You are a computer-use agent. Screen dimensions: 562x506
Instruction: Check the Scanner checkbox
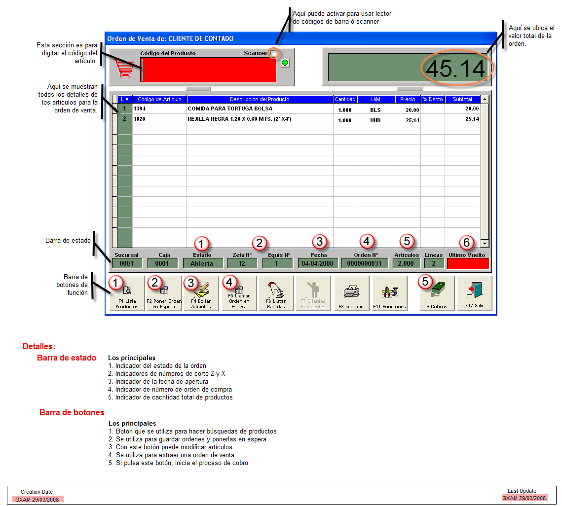tap(273, 53)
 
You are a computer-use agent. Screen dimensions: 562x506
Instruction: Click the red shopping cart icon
tap(124, 68)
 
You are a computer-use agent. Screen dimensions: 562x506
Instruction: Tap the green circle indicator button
tap(285, 63)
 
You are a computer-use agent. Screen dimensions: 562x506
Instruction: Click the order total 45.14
tap(455, 69)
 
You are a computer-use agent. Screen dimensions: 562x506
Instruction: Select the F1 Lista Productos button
tap(127, 293)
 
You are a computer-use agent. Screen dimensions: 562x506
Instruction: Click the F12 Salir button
tap(475, 293)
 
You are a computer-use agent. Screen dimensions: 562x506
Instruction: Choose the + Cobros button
tap(437, 293)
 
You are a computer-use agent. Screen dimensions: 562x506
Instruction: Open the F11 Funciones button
tap(390, 293)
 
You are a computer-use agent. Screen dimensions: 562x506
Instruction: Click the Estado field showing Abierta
tap(202, 263)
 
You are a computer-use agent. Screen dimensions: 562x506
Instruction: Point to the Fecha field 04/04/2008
tap(318, 263)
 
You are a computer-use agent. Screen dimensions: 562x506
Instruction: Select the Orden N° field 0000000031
tap(365, 263)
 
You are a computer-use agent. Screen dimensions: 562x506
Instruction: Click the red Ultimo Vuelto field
tap(468, 263)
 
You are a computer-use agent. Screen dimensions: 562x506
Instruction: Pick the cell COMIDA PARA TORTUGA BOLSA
tap(230, 108)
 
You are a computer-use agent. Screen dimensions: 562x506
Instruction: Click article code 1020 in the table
tap(140, 119)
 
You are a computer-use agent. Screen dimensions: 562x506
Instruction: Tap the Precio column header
tap(408, 99)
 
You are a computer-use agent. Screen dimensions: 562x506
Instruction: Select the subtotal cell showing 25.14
tap(472, 119)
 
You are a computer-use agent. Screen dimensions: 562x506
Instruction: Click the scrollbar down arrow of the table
tap(485, 243)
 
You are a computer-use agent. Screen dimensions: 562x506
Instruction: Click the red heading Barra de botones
tap(72, 412)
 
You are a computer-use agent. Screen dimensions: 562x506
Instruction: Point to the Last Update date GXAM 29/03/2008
tap(524, 498)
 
